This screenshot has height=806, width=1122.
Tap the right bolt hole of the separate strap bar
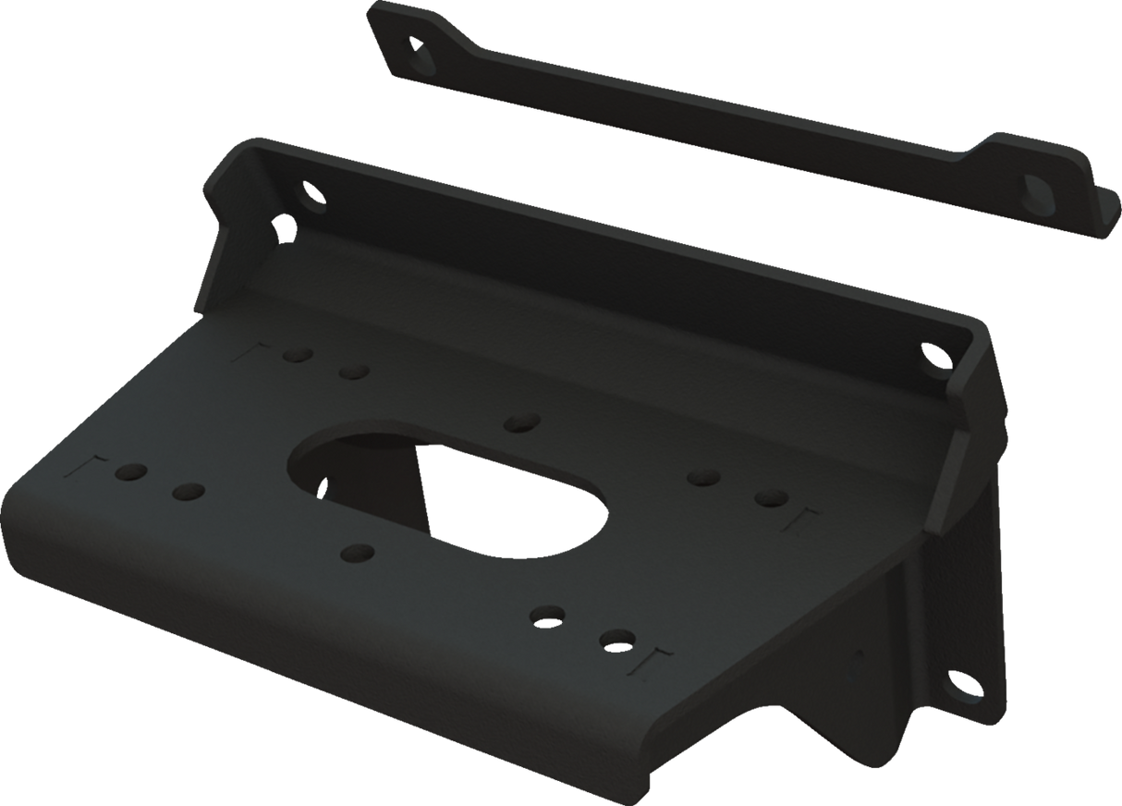1035,190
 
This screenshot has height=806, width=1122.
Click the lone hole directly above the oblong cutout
521,422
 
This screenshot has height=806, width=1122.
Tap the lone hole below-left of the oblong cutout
357,553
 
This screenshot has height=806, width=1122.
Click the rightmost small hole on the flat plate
770,498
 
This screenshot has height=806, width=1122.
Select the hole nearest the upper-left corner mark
296,355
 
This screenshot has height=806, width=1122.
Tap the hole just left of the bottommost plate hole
548,614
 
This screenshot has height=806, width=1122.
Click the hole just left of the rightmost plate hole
704,478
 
